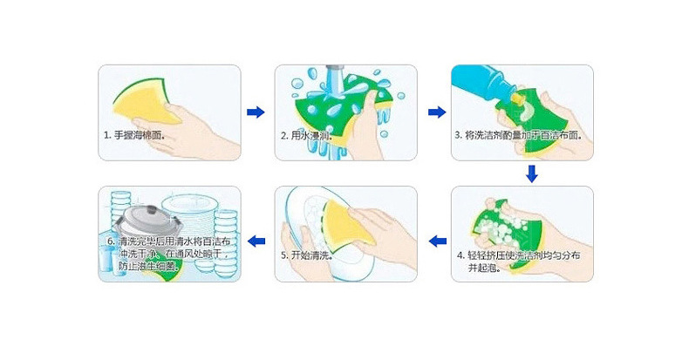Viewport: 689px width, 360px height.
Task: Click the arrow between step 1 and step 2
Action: pyautogui.click(x=255, y=112)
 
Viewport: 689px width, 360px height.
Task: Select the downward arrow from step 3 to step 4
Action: pyautogui.click(x=532, y=173)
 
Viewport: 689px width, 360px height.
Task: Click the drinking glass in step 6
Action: pyautogui.click(x=106, y=258)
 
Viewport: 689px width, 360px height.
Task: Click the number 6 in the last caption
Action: pyautogui.click(x=110, y=240)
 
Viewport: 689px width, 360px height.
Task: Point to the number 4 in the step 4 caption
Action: pyautogui.click(x=460, y=255)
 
